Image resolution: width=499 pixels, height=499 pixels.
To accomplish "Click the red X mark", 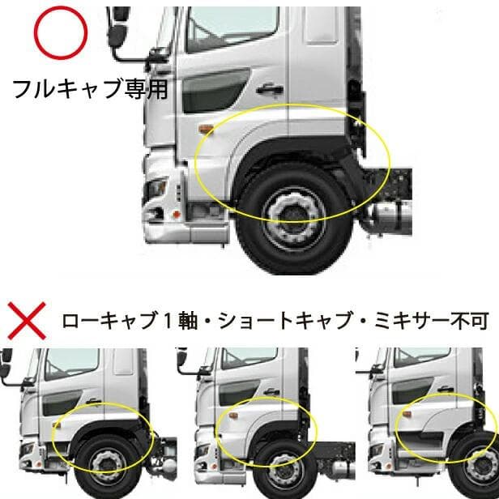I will (x=26, y=320).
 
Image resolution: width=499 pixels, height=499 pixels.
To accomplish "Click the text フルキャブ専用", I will (x=90, y=87).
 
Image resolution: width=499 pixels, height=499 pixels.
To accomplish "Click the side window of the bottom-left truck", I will (x=76, y=362).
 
